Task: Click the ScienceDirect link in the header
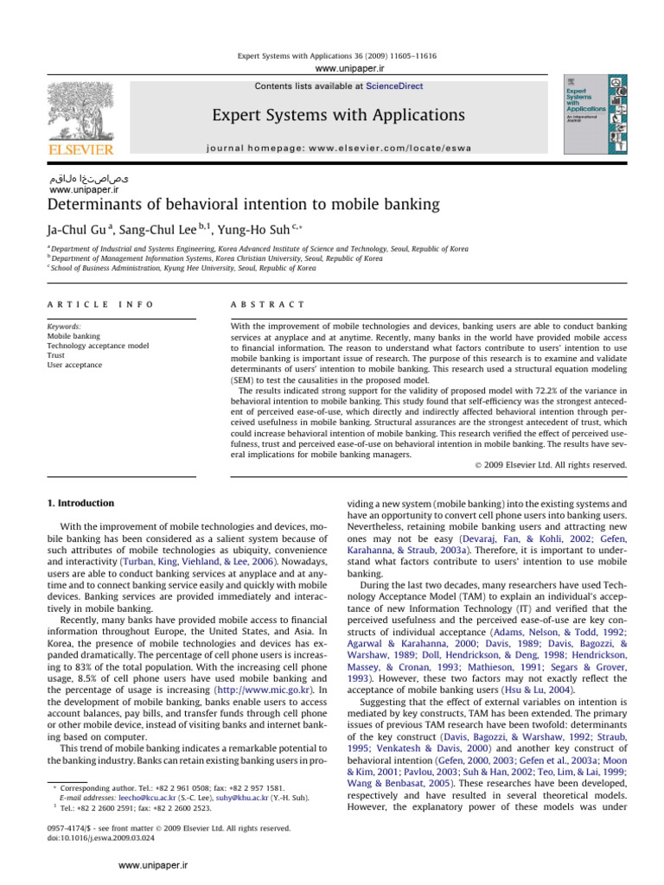pos(394,86)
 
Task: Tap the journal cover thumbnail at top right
pos(596,112)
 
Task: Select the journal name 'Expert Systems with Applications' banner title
pos(362,116)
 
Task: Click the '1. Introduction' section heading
pos(79,503)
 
